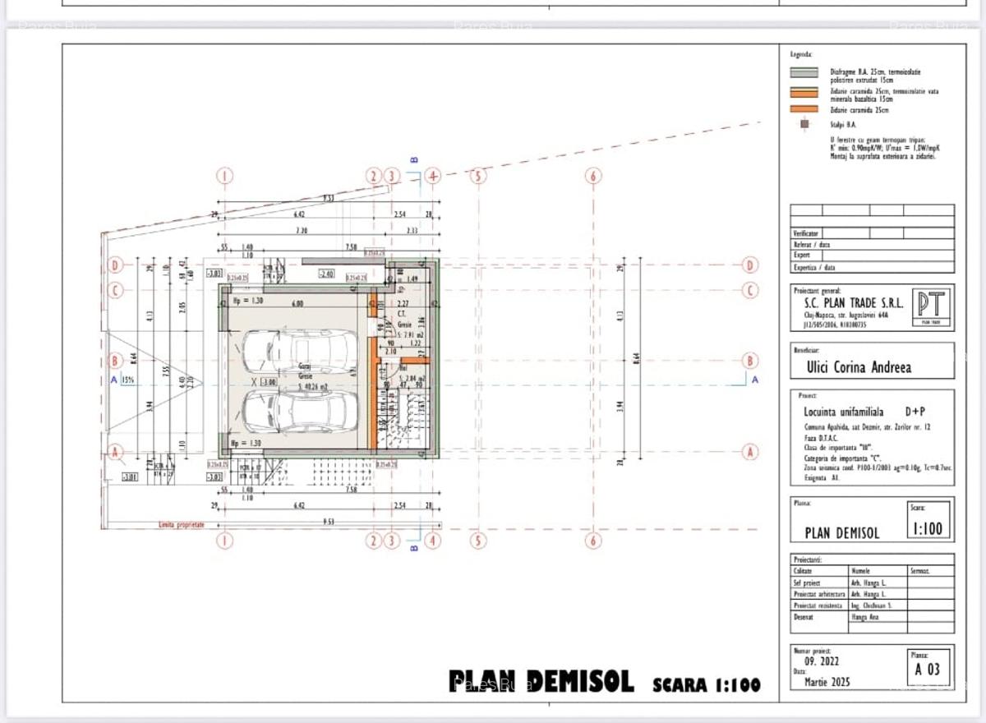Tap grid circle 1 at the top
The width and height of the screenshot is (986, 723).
[x=226, y=176]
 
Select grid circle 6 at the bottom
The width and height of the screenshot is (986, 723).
[x=594, y=541]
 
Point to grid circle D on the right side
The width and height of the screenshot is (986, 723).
[x=749, y=265]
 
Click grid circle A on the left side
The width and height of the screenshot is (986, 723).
[x=116, y=451]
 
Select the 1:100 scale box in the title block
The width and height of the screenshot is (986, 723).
[x=928, y=527]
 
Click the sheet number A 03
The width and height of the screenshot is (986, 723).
[x=928, y=670]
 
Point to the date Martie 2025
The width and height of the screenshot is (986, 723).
[x=827, y=682]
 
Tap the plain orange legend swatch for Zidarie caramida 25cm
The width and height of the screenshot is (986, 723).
[x=804, y=109]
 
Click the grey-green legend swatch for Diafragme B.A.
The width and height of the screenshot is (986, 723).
[x=804, y=73]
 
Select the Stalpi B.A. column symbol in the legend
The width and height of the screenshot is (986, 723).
[x=804, y=125]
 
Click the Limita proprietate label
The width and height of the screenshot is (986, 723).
[x=182, y=523]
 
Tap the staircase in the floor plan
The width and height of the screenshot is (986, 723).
[x=403, y=419]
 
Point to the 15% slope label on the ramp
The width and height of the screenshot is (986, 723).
[x=128, y=380]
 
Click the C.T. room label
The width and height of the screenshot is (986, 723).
[x=403, y=314]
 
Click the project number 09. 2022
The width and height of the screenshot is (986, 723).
[x=822, y=661]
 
